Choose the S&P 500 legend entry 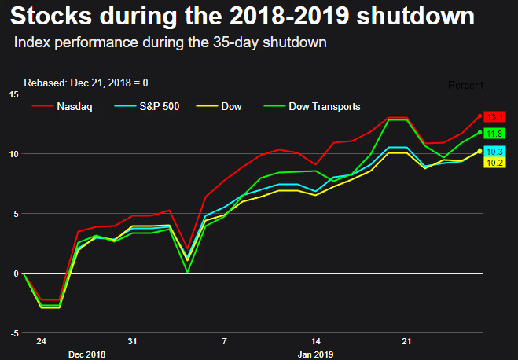pyautogui.click(x=158, y=106)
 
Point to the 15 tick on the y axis pyautogui.click(x=13, y=94)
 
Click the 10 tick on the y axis pyautogui.click(x=13, y=154)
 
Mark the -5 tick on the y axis pyautogui.click(x=14, y=333)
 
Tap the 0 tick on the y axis pyautogui.click(x=16, y=274)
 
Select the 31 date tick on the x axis pyautogui.click(x=132, y=342)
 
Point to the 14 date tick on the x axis pyautogui.click(x=316, y=342)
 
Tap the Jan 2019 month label pyautogui.click(x=316, y=354)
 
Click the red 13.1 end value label pyautogui.click(x=494, y=117)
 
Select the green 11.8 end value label pyautogui.click(x=494, y=134)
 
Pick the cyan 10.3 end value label pyautogui.click(x=494, y=151)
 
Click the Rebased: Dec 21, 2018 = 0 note pyautogui.click(x=86, y=83)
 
